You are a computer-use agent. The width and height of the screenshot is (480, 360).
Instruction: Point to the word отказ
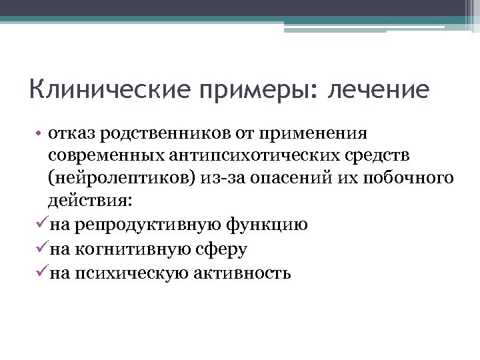tap(72, 133)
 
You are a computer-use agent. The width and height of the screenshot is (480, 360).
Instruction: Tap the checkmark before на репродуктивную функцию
tap(42, 224)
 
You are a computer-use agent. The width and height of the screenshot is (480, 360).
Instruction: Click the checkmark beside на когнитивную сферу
tap(42, 248)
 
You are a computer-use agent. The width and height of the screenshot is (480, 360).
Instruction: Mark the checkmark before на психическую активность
tap(42, 272)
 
